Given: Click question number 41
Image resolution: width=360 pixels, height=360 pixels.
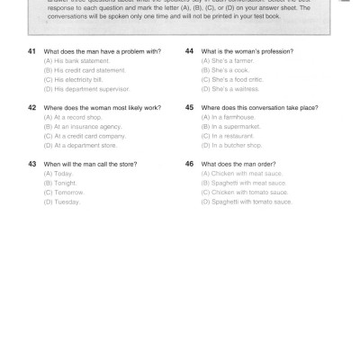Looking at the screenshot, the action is [32, 51].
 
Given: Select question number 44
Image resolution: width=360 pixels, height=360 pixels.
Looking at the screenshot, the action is [189, 51].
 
